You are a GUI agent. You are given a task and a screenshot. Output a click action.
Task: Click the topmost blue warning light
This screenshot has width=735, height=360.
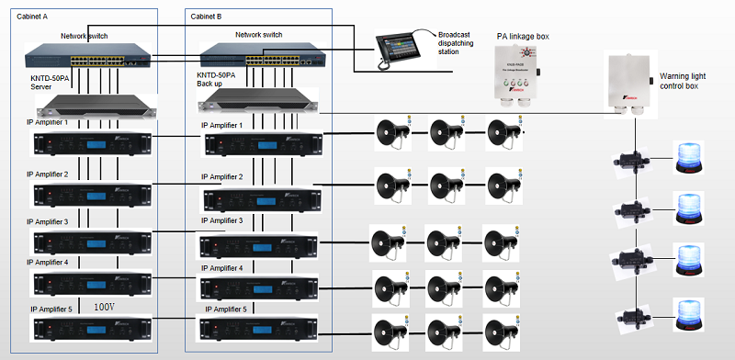pyautogui.click(x=692, y=157)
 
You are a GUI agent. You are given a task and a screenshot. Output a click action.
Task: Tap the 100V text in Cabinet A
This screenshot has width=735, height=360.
pyautogui.click(x=103, y=304)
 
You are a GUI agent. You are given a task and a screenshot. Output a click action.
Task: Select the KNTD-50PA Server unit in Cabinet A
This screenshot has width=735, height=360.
pyautogui.click(x=85, y=105)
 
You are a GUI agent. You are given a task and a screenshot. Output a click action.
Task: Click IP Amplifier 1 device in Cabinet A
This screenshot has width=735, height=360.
pyautogui.click(x=85, y=143)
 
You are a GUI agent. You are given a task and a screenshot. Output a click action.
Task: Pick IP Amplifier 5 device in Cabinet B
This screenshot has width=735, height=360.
pyautogui.click(x=260, y=329)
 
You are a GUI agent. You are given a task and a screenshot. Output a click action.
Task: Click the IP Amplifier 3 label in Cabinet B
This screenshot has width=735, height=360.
pyautogui.click(x=221, y=220)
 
